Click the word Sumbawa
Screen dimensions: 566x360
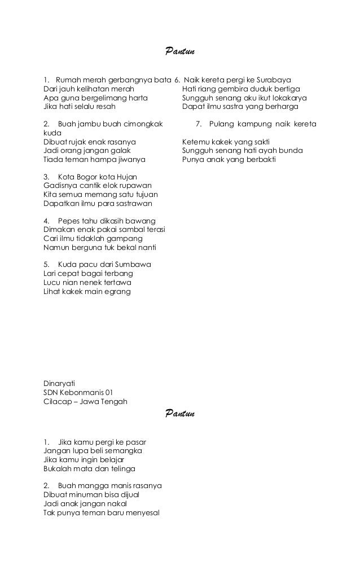(133, 265)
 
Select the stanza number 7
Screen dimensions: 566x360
(198, 124)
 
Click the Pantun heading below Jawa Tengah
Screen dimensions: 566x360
(180, 415)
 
